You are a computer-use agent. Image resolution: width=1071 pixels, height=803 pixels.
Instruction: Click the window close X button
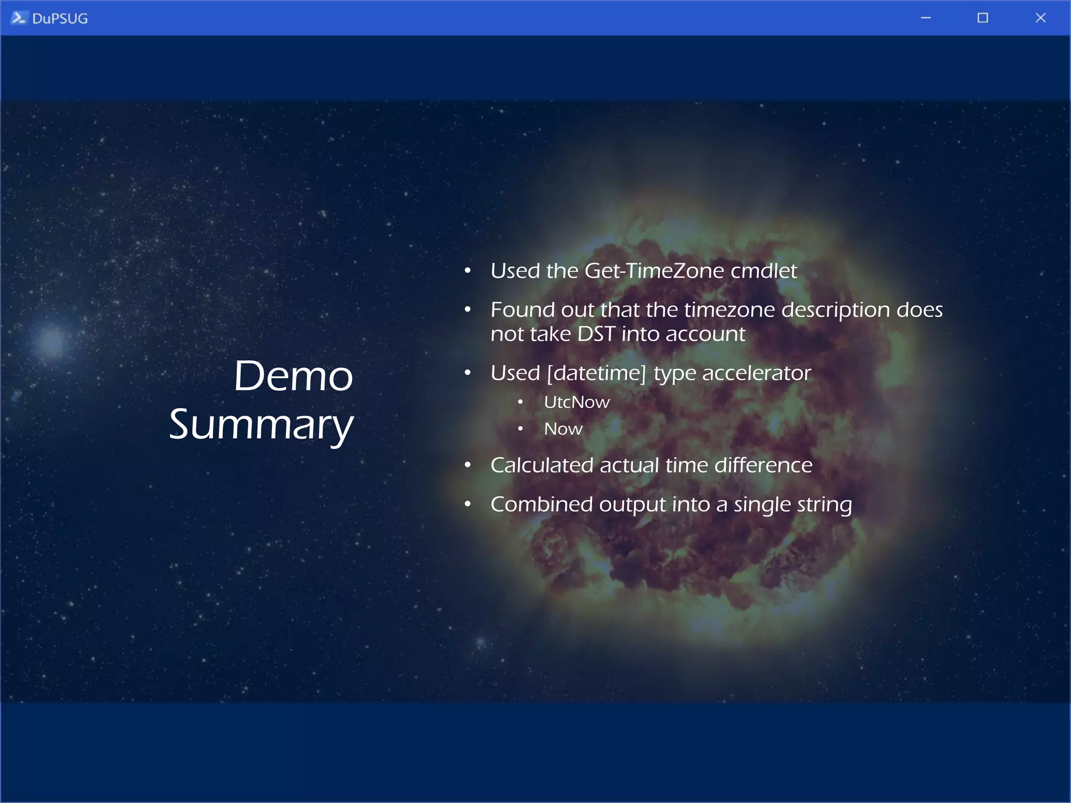click(1040, 18)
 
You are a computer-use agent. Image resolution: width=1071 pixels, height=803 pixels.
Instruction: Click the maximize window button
click(983, 18)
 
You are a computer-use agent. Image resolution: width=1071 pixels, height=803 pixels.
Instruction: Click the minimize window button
click(926, 18)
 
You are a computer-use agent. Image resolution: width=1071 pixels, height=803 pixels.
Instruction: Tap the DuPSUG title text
click(60, 18)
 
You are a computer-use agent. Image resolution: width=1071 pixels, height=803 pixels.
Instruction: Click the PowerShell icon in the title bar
click(18, 18)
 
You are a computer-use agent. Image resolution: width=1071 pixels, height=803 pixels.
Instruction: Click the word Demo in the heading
click(293, 376)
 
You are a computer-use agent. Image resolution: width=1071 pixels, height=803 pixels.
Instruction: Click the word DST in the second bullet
click(596, 334)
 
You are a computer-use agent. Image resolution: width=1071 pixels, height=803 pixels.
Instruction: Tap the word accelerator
click(756, 373)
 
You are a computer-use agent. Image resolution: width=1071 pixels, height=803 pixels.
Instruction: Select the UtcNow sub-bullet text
click(576, 402)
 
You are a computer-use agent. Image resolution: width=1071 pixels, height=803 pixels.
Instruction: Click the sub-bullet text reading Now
click(563, 429)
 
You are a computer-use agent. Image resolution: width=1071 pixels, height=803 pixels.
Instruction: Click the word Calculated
click(542, 465)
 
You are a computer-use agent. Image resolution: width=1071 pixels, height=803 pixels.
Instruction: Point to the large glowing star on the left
click(52, 341)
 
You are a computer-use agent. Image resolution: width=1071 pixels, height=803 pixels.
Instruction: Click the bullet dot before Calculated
click(468, 465)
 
